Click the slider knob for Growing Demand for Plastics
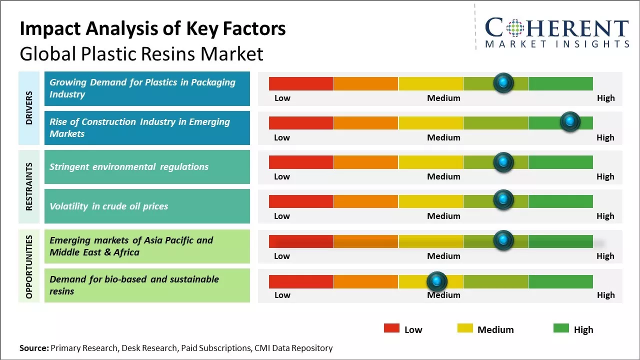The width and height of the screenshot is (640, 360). point(503,82)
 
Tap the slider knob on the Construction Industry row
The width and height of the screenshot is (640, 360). point(569,121)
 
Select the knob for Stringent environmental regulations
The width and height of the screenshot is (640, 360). point(503,161)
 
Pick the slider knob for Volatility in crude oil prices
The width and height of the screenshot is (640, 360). point(503,200)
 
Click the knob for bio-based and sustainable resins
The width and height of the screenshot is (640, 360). point(437,281)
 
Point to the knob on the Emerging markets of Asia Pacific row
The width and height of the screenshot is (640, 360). point(503,240)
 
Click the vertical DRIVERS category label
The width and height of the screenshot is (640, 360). point(29,107)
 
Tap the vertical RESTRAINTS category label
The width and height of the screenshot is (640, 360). point(29,186)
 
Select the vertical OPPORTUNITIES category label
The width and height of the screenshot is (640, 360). point(29,266)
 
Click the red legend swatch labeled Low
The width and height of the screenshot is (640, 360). point(391,328)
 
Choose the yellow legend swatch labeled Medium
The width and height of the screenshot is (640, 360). point(465,328)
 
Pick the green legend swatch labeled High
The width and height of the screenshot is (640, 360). point(561,328)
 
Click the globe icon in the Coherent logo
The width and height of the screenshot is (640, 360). point(515,28)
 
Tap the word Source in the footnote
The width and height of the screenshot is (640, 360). point(34,348)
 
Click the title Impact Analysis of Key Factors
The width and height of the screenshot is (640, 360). point(152,28)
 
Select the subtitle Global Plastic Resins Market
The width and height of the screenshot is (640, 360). point(141,53)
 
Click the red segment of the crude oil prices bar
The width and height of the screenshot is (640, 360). point(301,201)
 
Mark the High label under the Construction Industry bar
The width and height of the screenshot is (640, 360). point(605,137)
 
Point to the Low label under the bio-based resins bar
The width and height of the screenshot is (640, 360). point(282,295)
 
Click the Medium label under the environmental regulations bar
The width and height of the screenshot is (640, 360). point(443,176)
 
